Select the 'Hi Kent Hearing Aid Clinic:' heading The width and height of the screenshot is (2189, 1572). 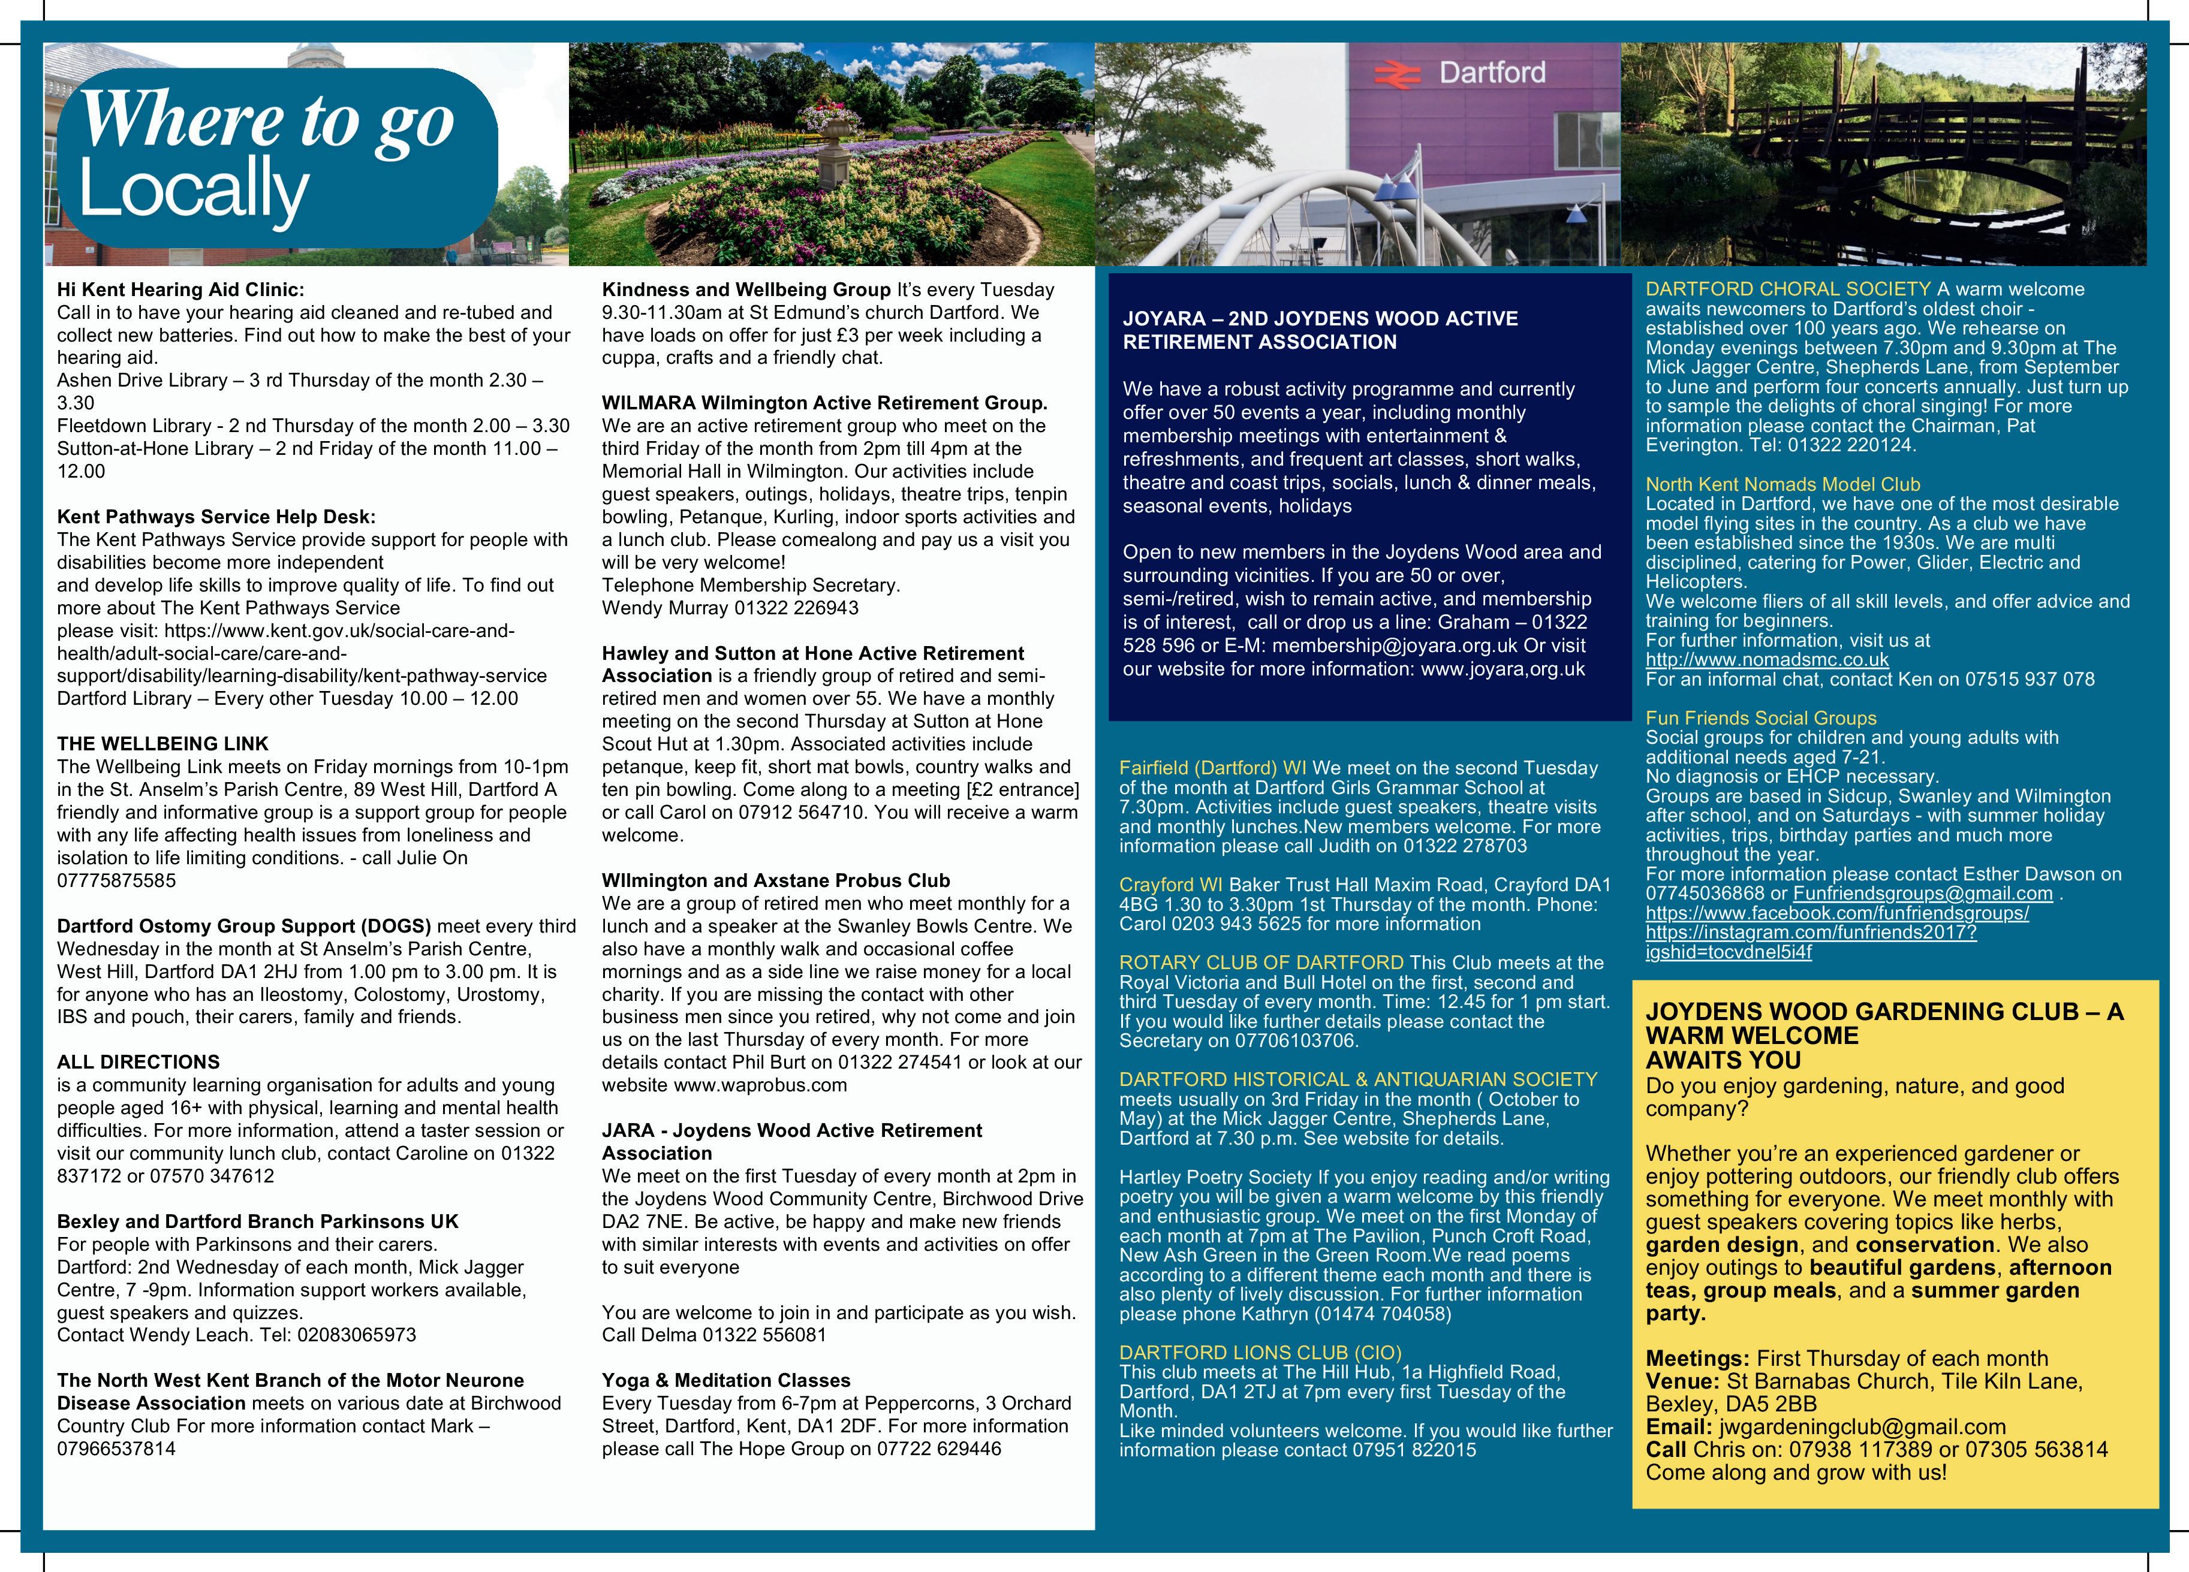coord(180,289)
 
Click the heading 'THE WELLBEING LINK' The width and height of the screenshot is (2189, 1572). coord(162,744)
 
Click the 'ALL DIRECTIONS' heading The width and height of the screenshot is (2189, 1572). coord(138,1061)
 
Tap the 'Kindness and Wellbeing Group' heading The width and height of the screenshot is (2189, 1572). coord(746,289)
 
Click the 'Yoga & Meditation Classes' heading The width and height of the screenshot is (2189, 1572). coord(726,1380)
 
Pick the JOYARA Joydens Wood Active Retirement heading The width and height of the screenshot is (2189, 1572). coord(1320,330)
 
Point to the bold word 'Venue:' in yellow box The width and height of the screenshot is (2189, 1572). coord(1682,1381)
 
